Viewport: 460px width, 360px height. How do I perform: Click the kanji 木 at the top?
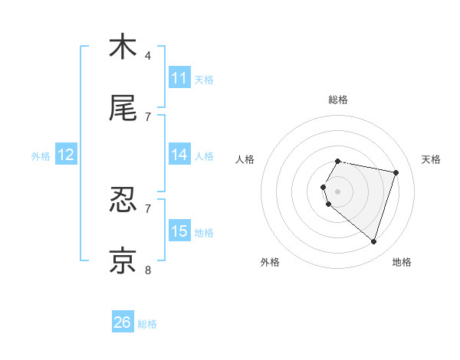click(x=123, y=47)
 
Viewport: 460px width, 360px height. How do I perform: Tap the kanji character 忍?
click(x=123, y=200)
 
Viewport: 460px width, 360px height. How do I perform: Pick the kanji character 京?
click(x=123, y=260)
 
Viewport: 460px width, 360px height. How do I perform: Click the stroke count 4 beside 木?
click(x=148, y=56)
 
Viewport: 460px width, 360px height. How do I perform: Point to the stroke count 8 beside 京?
click(x=148, y=270)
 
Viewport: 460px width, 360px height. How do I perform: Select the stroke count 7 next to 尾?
click(x=148, y=117)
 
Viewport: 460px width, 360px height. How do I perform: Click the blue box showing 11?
click(x=179, y=78)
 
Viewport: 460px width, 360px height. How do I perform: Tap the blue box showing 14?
click(x=179, y=155)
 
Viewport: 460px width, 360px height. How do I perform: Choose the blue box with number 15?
click(x=179, y=231)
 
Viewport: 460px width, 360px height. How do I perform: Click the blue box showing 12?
click(x=66, y=155)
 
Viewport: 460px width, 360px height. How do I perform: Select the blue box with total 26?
click(x=123, y=322)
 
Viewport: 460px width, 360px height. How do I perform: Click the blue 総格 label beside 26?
click(x=147, y=324)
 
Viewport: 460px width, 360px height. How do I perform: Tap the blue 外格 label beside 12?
click(x=41, y=155)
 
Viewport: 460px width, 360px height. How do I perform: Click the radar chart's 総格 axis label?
click(x=338, y=100)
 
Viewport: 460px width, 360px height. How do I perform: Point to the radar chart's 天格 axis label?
click(x=432, y=159)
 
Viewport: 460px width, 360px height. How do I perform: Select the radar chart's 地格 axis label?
click(x=402, y=262)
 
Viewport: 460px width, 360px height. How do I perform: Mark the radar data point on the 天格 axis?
click(x=396, y=172)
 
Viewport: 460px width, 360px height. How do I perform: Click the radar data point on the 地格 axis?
click(x=373, y=241)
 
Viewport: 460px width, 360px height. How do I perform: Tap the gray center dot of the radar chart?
click(x=338, y=191)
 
